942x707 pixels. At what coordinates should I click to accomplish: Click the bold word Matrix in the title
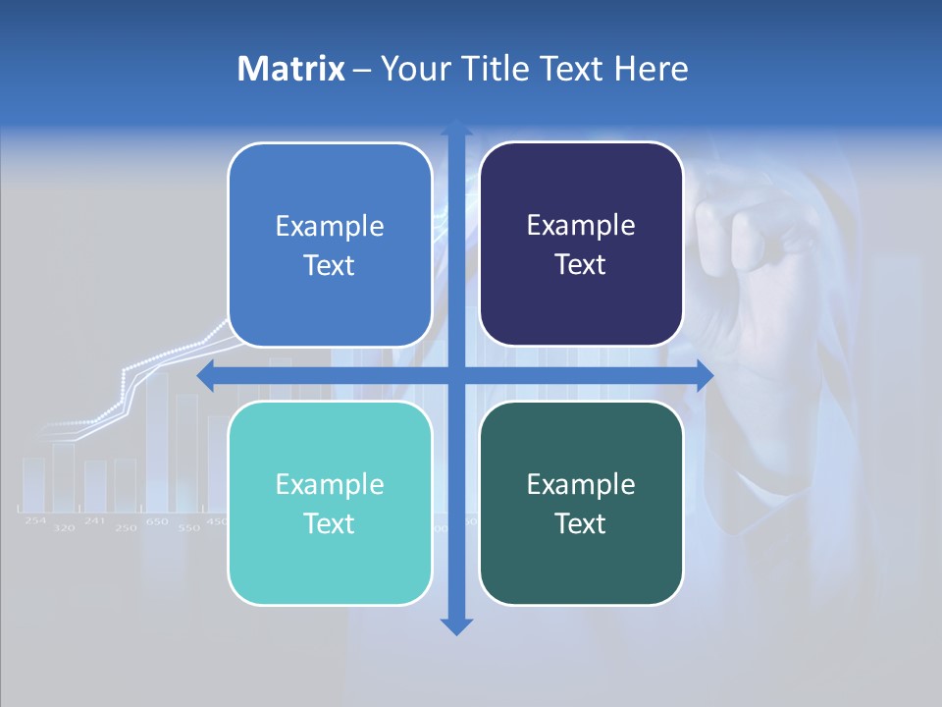[290, 69]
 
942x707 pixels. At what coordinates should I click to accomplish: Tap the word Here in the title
[651, 69]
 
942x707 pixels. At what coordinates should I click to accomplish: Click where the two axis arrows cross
[455, 375]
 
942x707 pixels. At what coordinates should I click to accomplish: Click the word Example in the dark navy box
[581, 226]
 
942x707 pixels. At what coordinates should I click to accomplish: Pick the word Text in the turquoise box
[329, 523]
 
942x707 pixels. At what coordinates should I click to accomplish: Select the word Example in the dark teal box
[581, 484]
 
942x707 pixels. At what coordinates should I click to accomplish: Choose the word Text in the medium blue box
[329, 265]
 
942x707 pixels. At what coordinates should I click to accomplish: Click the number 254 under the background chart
[35, 520]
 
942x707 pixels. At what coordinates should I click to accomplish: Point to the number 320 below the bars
[64, 528]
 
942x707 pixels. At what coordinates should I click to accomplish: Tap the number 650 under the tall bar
[157, 521]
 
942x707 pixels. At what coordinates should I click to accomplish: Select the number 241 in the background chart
[94, 520]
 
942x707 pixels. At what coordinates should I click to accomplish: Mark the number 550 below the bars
[188, 528]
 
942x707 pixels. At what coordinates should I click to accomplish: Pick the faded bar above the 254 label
[34, 482]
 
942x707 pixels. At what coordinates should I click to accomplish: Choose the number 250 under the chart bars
[126, 528]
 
